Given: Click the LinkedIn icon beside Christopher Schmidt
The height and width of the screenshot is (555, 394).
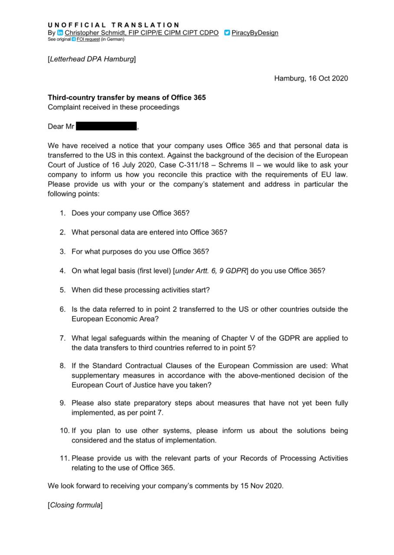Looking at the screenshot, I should tap(60, 33).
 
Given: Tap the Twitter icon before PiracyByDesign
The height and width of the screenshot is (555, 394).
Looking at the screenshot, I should tap(227, 33).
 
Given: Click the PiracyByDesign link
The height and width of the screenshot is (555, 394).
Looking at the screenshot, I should tap(255, 33).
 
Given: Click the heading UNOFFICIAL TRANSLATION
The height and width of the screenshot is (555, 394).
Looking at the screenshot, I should tap(113, 25).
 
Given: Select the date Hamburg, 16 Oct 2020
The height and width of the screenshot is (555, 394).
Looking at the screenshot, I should tap(311, 78).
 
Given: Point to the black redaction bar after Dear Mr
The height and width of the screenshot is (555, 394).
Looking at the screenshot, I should tap(106, 127).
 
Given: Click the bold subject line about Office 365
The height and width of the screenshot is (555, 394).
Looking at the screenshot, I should tap(127, 98).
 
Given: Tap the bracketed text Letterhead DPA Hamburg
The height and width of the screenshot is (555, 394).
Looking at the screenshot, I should tap(92, 59).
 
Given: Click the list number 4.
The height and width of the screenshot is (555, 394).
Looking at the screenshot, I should tap(63, 271).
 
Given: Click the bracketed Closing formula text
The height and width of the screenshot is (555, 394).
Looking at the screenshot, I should tap(75, 505).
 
